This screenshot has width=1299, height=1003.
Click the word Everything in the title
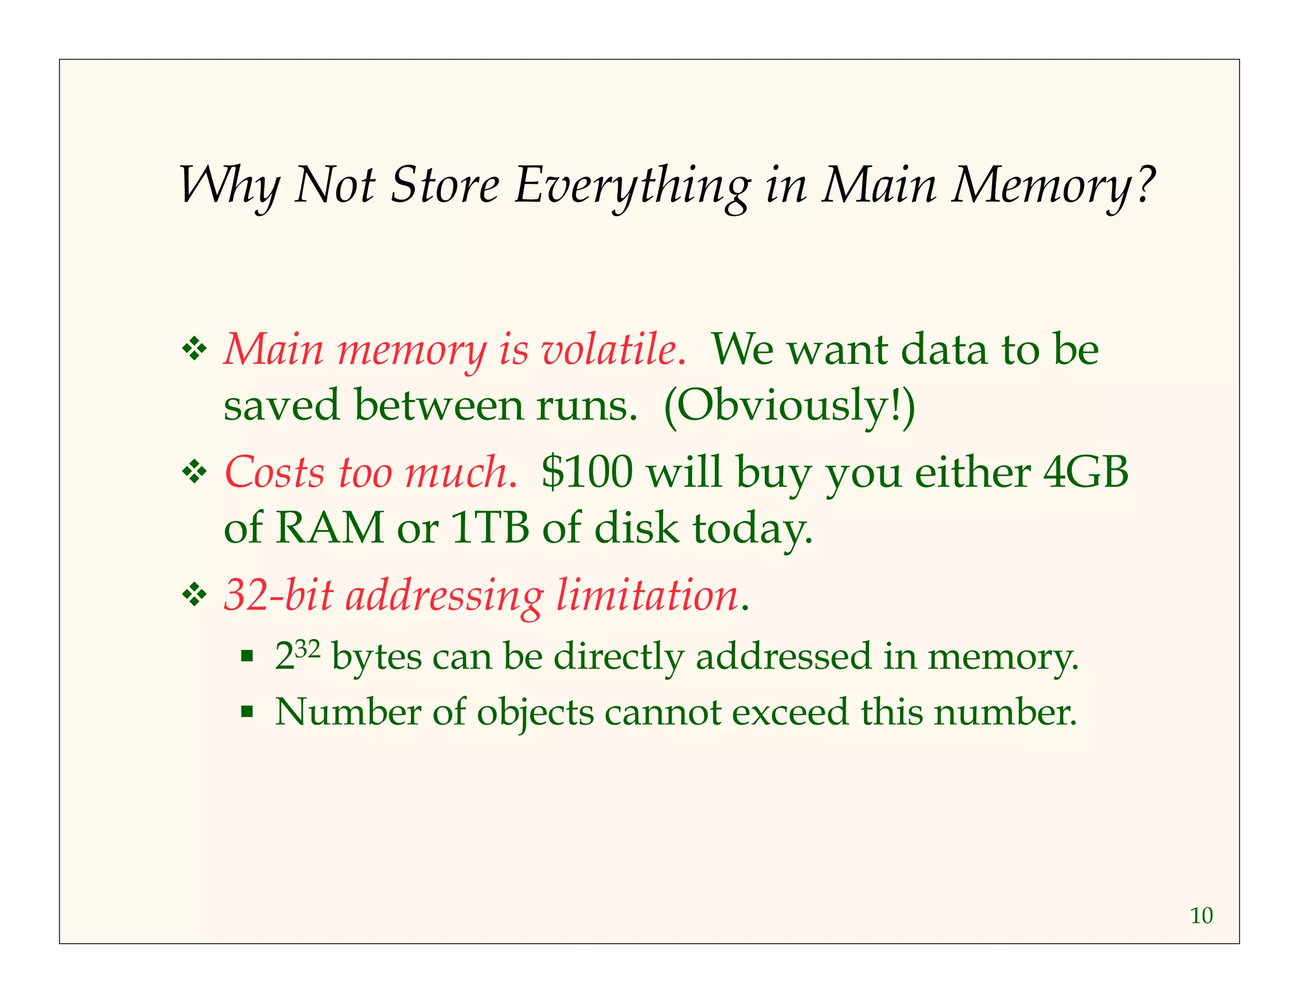pos(632,186)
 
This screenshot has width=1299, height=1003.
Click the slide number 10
pos(1201,916)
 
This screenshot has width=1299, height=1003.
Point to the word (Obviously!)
pos(789,406)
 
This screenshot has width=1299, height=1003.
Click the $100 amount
pos(587,472)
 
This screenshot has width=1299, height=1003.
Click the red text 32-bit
pos(279,595)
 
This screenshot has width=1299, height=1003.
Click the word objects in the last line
pos(535,712)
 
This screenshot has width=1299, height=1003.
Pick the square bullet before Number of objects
pos(247,711)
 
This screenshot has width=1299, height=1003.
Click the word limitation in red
pos(647,595)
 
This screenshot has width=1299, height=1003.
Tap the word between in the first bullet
pos(438,406)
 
